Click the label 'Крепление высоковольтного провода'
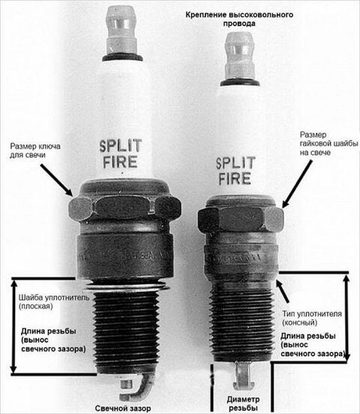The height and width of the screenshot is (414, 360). click(239, 19)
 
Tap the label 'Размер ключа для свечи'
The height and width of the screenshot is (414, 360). click(35, 151)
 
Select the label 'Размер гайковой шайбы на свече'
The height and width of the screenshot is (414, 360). click(328, 144)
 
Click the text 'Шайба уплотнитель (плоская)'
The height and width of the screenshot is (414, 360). click(54, 301)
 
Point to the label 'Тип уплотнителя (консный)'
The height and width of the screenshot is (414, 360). click(312, 318)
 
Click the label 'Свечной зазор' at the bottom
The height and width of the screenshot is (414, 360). click(123, 408)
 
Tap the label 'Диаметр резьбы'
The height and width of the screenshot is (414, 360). click(243, 403)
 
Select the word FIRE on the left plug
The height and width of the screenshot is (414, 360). click(120, 162)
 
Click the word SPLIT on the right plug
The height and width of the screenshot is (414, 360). click(235, 163)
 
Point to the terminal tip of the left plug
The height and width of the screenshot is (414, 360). click(121, 31)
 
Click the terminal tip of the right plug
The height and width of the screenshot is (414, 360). click(240, 58)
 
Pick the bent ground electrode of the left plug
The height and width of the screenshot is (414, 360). click(137, 389)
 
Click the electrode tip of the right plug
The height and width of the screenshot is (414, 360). click(242, 374)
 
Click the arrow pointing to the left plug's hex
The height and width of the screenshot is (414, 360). click(56, 180)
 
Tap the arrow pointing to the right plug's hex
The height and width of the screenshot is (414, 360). click(297, 184)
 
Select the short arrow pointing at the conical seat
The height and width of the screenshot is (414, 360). click(283, 292)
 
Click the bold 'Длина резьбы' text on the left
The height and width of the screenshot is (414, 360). click(48, 331)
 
